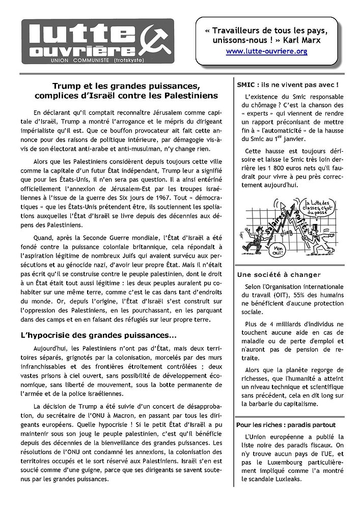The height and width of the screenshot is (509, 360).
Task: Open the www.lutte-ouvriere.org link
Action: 266,51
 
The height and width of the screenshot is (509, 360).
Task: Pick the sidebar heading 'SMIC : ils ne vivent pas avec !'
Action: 288,84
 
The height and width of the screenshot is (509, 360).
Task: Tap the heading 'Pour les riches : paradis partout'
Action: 286,425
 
